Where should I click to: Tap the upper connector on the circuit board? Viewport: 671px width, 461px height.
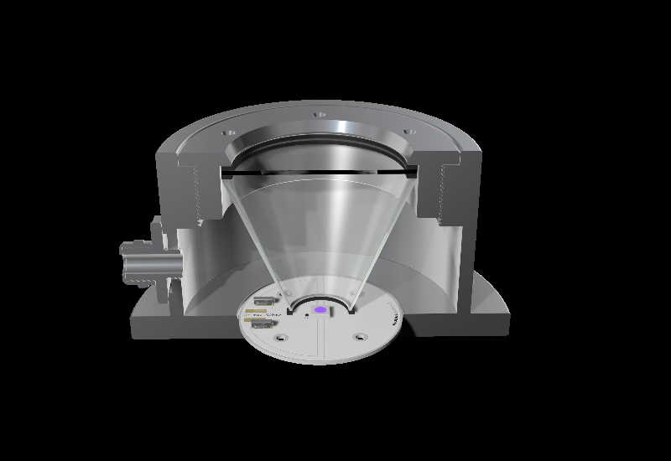[264, 301]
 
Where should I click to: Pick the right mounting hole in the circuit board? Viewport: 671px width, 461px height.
[361, 336]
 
